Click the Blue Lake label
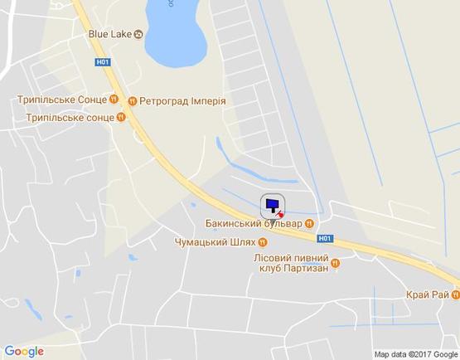tap(109, 34)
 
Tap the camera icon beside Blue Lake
tap(138, 34)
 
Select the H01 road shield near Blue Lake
tap(102, 61)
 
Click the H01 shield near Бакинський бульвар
tap(324, 237)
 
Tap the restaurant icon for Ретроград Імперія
tap(133, 101)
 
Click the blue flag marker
tap(273, 205)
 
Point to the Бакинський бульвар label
tap(253, 223)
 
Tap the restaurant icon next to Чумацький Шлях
tap(263, 242)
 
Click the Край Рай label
tap(427, 295)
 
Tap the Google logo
tap(24, 351)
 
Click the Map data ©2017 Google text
tap(414, 353)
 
